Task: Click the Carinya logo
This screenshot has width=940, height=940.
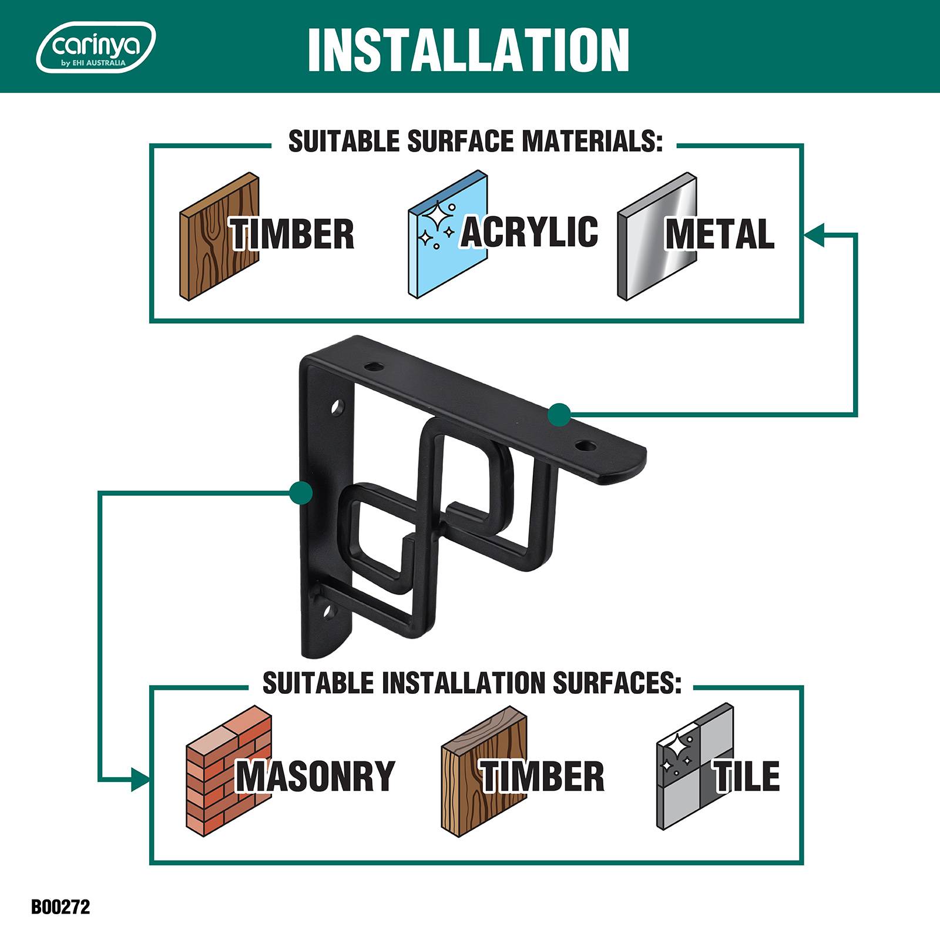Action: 96,47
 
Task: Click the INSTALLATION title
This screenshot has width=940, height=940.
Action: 468,49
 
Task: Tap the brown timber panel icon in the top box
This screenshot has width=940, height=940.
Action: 219,237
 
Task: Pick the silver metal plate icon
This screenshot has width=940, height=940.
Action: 657,237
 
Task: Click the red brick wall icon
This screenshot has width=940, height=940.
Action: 229,768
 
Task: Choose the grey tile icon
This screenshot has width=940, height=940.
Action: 695,767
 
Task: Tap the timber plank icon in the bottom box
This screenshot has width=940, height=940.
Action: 484,771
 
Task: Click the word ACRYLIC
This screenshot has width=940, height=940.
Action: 529,231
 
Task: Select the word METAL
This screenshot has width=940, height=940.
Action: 720,234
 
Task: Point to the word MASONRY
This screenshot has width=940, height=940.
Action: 315,775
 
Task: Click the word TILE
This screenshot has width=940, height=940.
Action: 747,775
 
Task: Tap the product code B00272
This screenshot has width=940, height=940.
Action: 61,907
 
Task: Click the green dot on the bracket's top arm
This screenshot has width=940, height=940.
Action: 559,415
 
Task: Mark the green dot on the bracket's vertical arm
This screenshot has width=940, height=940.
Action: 301,492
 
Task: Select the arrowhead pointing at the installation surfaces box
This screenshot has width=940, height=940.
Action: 140,780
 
